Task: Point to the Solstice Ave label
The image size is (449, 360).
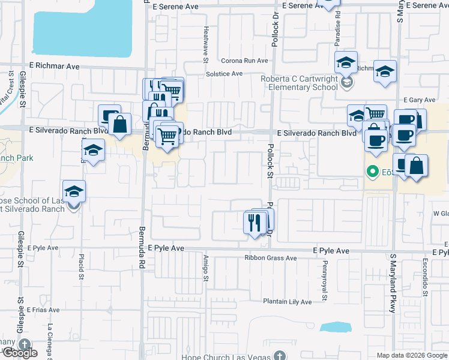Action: pos(224,74)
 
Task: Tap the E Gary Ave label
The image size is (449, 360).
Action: pos(419,100)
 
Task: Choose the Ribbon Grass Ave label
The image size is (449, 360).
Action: pos(270,258)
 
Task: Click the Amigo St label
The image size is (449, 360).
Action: pos(205,268)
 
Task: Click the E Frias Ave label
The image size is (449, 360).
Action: pos(43,310)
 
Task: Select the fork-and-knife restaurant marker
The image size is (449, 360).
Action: pos(252,223)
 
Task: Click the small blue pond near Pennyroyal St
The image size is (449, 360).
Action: pos(336,328)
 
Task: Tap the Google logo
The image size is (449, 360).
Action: pos(20,353)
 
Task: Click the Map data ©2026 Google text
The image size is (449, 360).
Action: pos(411,355)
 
